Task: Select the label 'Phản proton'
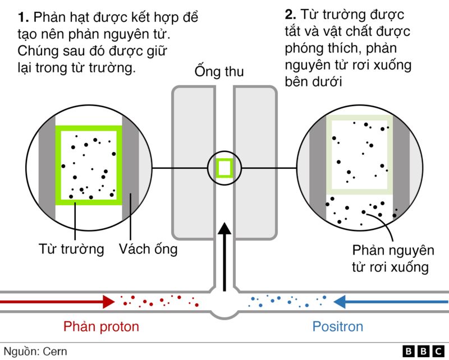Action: (101, 326)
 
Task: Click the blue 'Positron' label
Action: (338, 326)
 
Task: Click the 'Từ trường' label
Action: (72, 249)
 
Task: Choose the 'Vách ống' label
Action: (148, 249)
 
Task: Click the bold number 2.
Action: (290, 15)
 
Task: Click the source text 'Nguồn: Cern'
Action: (35, 352)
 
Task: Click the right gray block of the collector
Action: (256, 163)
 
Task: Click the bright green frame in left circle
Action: (58, 163)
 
